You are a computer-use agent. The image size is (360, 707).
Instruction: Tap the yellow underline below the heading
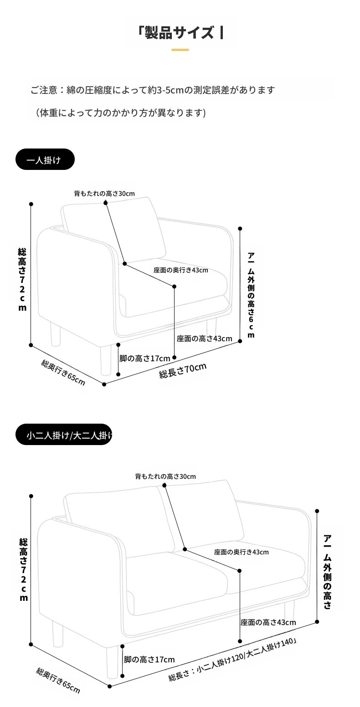point(180,50)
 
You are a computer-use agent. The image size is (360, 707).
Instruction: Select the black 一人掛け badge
point(45,159)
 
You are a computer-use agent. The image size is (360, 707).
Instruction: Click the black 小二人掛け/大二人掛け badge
point(64,434)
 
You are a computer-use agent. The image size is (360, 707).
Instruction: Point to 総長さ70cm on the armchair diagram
point(183,370)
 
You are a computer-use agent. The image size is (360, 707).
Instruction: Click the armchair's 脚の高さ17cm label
point(145,358)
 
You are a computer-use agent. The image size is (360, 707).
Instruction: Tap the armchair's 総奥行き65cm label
point(63,372)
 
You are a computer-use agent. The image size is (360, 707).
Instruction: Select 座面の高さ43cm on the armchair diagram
point(204,338)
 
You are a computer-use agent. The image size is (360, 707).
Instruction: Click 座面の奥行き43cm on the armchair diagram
point(180,270)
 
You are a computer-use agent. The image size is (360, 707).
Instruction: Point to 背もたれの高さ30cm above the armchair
point(104,194)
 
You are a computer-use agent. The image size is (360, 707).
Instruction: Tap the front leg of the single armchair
point(106,360)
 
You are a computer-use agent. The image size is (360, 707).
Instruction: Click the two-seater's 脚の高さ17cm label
point(149,659)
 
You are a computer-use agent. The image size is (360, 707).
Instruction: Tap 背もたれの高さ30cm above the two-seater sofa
point(165,476)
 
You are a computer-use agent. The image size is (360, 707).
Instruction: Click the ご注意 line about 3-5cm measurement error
point(153,90)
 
